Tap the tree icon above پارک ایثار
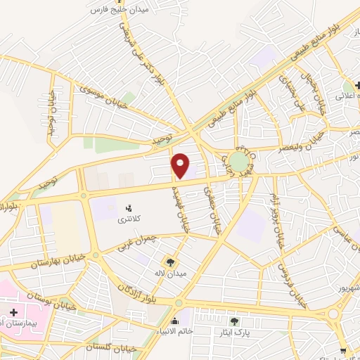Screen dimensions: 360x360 point(233,321)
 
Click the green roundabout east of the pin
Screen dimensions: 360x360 point(239,164)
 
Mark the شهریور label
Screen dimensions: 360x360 point(347,288)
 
